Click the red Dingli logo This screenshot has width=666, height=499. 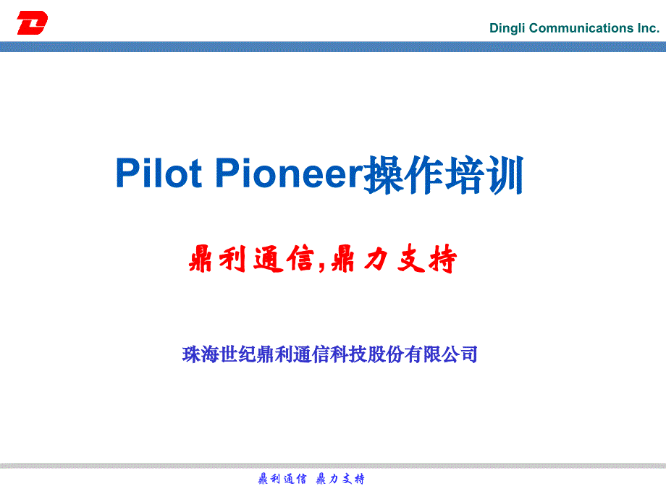pos(33,22)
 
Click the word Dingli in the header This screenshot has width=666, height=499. pos(507,28)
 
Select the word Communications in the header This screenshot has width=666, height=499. pos(581,28)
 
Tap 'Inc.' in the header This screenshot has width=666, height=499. pos(648,28)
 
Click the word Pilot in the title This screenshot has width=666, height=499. pos(159,172)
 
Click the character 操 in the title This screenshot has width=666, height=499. pos(384,174)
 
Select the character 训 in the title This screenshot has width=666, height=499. pos(505,174)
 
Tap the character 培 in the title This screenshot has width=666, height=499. pos(464,174)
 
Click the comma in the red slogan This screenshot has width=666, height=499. pos(321,266)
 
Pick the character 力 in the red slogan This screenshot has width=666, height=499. pos(376,259)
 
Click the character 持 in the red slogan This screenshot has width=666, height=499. pos(442,259)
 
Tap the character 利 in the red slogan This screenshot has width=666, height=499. pos(232,259)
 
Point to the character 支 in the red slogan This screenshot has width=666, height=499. pos(410,259)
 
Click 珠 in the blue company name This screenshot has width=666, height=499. pos(192,354)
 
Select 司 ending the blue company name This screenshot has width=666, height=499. pos(469,354)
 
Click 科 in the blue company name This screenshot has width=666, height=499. pos(340,354)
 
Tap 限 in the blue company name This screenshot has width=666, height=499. pos(432,354)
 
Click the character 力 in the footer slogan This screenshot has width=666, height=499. pos(334,479)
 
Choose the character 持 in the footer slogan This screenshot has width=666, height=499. pos(359,479)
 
